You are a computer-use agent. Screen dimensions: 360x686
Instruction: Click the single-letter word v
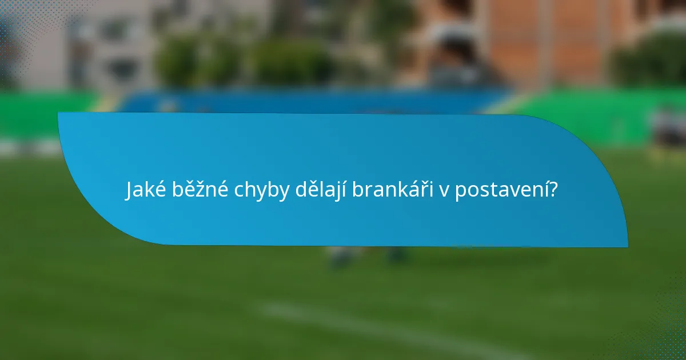pos(444,192)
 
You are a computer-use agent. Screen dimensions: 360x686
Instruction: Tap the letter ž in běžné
pos(201,190)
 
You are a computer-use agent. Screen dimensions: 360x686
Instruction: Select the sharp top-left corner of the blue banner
pos(59,114)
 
